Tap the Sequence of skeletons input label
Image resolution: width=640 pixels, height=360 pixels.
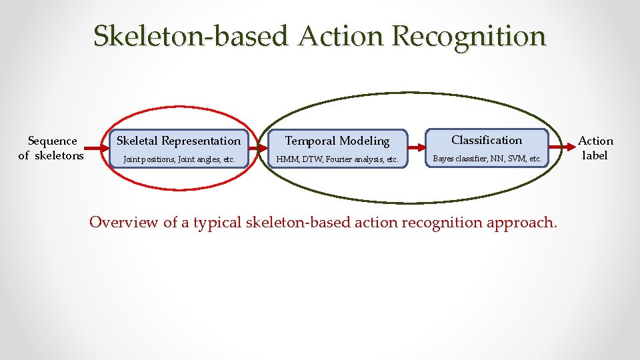click(x=51, y=148)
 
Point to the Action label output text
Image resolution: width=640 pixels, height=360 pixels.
click(x=595, y=148)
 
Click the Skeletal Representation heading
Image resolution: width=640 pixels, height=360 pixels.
click(x=179, y=141)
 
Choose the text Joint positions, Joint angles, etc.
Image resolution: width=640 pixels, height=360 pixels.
click(x=179, y=160)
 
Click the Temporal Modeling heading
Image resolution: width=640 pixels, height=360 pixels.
click(x=337, y=141)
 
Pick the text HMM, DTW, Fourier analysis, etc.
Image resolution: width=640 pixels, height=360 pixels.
click(x=337, y=160)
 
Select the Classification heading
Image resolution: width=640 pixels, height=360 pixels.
click(x=487, y=140)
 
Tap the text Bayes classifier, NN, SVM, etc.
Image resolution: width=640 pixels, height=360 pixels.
click(x=487, y=159)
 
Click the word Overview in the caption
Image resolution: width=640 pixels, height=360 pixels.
click(x=123, y=222)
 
